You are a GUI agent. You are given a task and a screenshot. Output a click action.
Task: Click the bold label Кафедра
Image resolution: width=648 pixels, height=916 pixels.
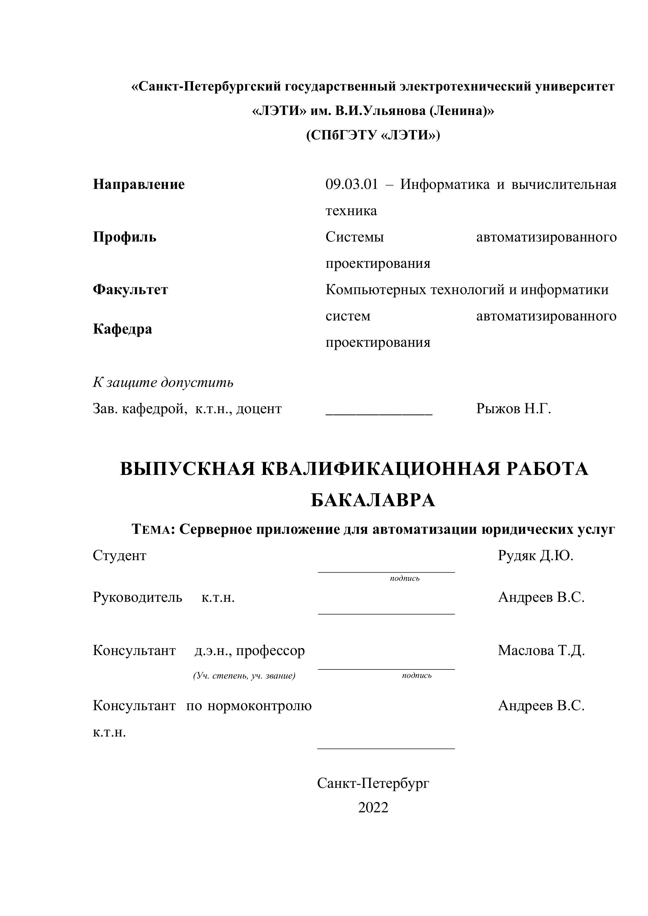click(x=123, y=329)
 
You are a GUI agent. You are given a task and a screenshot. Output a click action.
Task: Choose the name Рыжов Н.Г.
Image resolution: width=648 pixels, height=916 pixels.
click(x=514, y=409)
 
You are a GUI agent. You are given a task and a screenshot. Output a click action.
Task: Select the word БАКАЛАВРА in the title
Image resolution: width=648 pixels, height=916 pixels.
click(x=373, y=500)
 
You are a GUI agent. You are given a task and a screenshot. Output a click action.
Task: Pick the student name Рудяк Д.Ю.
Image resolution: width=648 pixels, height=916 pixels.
click(x=536, y=555)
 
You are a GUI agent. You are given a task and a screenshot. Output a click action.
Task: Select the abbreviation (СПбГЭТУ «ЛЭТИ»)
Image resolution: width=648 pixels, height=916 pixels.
click(x=373, y=136)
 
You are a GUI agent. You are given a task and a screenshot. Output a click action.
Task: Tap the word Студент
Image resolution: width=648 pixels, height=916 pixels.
click(x=120, y=555)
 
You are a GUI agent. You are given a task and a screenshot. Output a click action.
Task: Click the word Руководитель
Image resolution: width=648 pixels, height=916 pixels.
click(x=138, y=597)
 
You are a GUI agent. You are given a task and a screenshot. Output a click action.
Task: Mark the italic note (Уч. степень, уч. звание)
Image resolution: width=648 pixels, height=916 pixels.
click(x=244, y=676)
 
